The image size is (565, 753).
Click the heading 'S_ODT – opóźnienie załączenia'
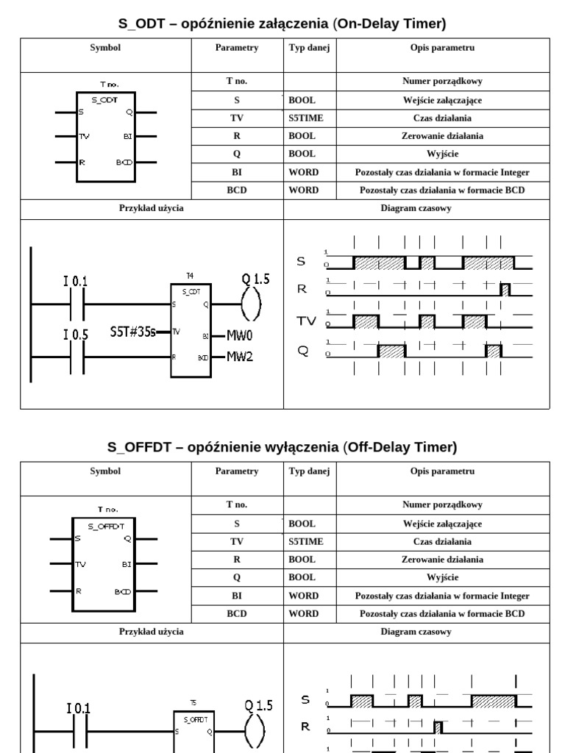pos(282,24)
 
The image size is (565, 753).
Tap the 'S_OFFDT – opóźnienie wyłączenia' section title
pos(282,447)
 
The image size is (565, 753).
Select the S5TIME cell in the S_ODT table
pos(306,118)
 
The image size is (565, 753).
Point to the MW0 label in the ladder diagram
pos(241,336)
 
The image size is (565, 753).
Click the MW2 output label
pos(241,357)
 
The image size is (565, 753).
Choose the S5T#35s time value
pos(133,331)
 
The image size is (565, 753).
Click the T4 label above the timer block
pos(190,276)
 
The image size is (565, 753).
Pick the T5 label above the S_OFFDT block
pos(193,703)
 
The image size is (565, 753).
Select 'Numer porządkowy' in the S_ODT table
pos(442,82)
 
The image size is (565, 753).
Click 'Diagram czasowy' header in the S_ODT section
pos(416,208)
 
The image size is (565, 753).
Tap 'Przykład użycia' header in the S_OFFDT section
pos(152,632)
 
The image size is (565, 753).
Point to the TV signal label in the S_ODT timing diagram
pos(305,321)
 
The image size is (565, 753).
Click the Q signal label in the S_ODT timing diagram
pos(302,351)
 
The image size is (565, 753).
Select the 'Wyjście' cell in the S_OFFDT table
pos(442,577)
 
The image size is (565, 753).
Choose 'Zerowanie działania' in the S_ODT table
pos(442,136)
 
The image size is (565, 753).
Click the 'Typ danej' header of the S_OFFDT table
pos(309,471)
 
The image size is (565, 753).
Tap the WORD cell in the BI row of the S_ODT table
pos(303,172)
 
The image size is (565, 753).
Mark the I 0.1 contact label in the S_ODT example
pos(75,281)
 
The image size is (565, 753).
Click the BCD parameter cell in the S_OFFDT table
pos(237,613)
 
